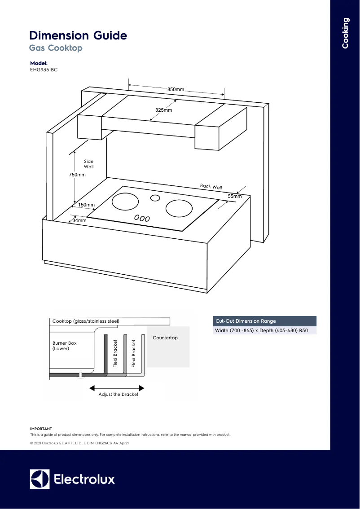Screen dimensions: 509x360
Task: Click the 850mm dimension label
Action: point(176,90)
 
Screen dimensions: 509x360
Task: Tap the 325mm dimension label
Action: point(163,110)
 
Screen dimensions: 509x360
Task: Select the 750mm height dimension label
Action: point(77,175)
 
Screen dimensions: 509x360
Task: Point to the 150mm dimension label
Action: point(86,205)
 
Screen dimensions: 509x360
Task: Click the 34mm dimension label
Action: point(79,220)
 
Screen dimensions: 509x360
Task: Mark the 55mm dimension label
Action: point(234,197)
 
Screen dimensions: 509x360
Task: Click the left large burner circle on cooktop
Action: point(125,202)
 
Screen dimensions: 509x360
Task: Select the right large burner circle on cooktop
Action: point(179,208)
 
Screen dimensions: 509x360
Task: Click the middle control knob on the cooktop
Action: point(141,219)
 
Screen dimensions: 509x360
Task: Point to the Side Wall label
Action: point(88,164)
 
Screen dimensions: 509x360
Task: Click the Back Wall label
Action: point(211,187)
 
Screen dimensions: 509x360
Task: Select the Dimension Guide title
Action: point(78,35)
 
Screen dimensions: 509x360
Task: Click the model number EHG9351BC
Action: point(44,70)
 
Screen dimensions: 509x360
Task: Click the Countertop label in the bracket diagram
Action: point(165,338)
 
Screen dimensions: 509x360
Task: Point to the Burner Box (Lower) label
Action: point(65,346)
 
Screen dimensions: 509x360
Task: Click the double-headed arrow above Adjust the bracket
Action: point(117,388)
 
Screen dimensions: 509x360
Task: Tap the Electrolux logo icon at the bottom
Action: point(40,479)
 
